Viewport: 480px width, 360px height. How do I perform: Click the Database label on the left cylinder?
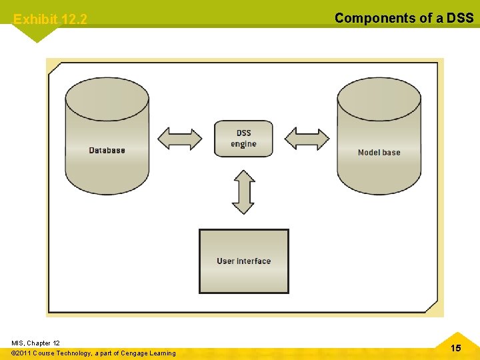(107, 150)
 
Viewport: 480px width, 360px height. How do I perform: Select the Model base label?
(379, 153)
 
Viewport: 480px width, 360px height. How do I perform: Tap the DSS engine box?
(243, 139)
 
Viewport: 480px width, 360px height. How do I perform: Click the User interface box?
(244, 261)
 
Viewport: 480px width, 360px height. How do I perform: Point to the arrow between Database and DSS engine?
(179, 139)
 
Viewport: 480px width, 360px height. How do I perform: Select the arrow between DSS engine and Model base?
(307, 139)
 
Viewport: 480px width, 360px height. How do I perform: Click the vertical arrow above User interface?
(243, 192)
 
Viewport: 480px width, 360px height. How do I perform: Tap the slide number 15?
(455, 348)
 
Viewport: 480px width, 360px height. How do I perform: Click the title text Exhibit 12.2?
(50, 19)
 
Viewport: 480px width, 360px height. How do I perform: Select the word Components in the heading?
(375, 18)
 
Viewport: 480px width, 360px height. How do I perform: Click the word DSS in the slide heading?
(460, 18)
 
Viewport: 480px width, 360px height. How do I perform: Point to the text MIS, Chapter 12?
(35, 343)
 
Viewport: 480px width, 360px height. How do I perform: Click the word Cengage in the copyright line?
(135, 353)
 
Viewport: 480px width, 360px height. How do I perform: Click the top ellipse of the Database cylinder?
(107, 99)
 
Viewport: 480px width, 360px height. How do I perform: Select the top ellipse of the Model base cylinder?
(379, 99)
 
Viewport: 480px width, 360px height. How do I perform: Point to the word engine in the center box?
(243, 144)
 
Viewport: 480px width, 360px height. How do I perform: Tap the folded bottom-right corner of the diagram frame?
(434, 307)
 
